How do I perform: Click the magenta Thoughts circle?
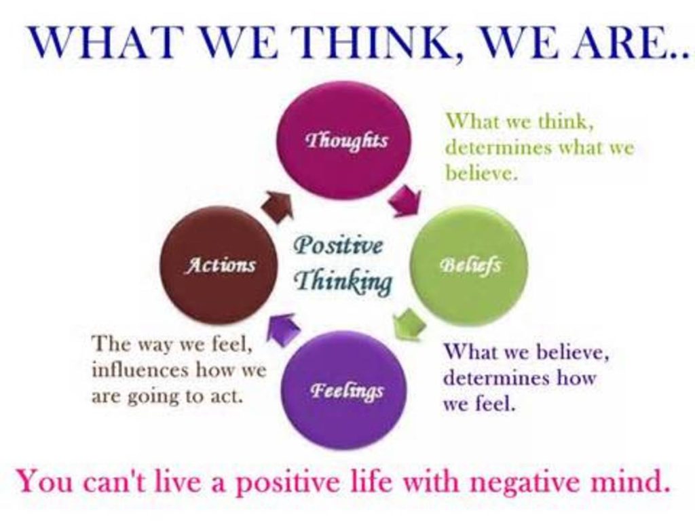pyautogui.click(x=343, y=140)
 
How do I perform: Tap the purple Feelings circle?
pyautogui.click(x=346, y=390)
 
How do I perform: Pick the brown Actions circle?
pyautogui.click(x=219, y=265)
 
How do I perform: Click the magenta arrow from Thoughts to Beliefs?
pyautogui.click(x=406, y=200)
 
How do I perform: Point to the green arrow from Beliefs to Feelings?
pyautogui.click(x=409, y=323)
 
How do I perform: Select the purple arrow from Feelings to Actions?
pyautogui.click(x=283, y=328)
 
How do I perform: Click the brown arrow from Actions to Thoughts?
pyautogui.click(x=277, y=205)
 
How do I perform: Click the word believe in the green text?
pyautogui.click(x=479, y=173)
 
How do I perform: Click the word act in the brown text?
pyautogui.click(x=227, y=396)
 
